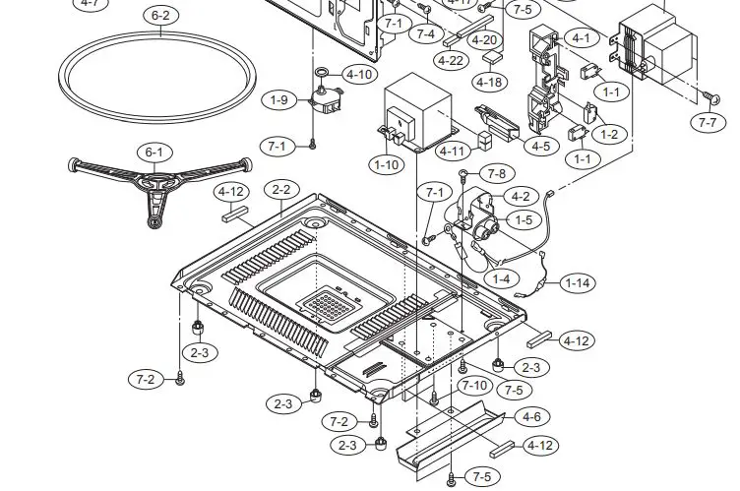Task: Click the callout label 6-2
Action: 159,15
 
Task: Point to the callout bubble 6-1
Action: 154,153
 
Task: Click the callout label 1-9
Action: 279,99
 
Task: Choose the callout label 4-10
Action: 359,75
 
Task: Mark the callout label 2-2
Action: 281,189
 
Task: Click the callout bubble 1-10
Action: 388,164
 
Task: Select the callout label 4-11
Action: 454,152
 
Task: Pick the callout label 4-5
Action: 540,146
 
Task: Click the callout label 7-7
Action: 707,123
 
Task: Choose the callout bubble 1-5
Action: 524,220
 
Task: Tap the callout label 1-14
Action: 578,283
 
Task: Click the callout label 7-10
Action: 475,385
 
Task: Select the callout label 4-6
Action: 531,417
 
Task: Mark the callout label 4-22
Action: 451,61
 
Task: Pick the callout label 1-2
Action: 610,134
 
